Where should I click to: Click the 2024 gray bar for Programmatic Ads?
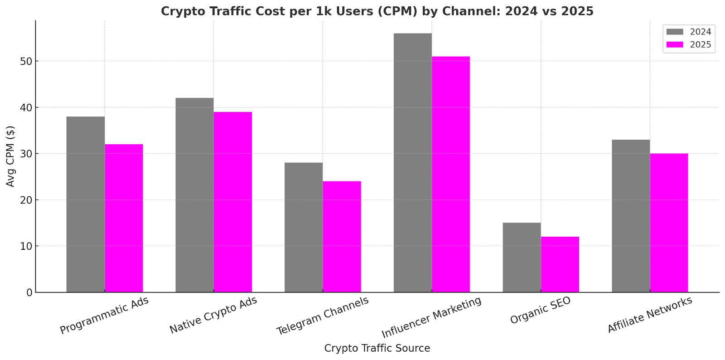coord(85,204)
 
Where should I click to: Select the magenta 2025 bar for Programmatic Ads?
coord(124,218)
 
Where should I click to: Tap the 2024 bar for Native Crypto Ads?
coord(194,195)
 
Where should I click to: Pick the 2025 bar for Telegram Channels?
coord(342,237)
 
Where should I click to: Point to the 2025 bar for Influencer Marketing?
coord(451,174)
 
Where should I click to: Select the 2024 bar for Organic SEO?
coord(522,257)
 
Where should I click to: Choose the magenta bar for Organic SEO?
coord(560,264)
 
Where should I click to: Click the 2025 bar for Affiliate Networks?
coord(669,223)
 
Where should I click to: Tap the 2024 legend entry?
coord(688,32)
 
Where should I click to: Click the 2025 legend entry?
coord(688,45)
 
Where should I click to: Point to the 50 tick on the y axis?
coord(26,61)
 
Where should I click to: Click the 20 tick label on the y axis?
coord(26,200)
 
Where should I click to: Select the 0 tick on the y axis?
coord(29,293)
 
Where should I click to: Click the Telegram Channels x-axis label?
coord(323,316)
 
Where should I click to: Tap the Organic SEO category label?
coord(540,311)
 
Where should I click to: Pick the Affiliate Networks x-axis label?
coord(649,315)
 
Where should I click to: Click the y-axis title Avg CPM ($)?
coord(10,156)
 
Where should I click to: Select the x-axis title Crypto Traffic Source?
coord(377,348)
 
